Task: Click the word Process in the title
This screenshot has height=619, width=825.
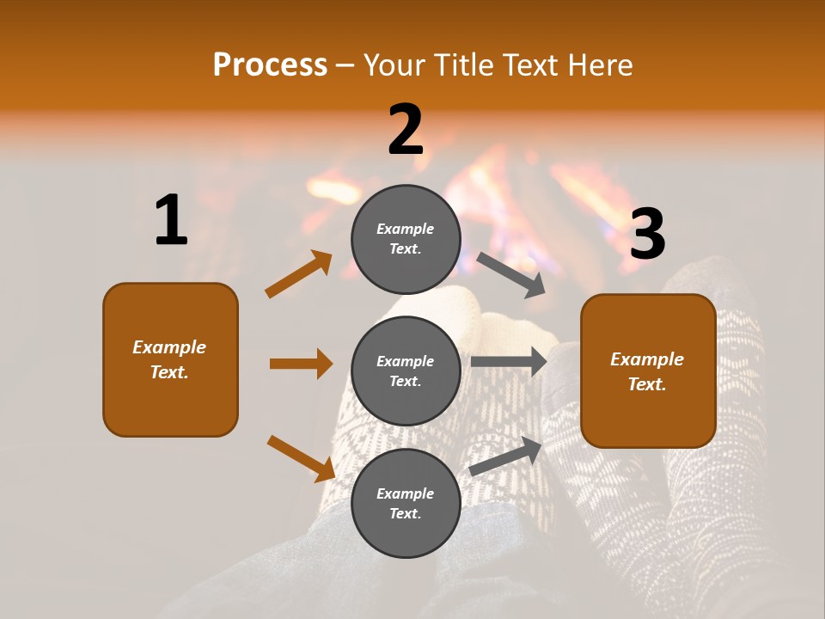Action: [270, 65]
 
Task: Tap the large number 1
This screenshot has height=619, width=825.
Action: [171, 221]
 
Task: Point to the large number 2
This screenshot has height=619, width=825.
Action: [406, 130]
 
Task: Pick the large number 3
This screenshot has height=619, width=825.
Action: [647, 235]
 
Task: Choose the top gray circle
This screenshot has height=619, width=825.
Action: [406, 239]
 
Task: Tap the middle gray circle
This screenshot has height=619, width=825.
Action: [406, 371]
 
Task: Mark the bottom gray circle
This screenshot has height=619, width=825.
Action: [406, 503]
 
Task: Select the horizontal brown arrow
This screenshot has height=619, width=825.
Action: [301, 364]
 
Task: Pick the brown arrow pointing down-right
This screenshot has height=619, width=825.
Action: [301, 457]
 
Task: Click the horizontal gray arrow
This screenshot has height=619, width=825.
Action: [509, 362]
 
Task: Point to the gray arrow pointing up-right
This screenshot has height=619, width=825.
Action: [505, 457]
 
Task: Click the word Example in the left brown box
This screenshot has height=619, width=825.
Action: [169, 347]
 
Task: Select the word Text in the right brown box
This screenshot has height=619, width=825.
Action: [646, 384]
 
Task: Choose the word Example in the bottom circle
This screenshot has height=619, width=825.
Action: [406, 493]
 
